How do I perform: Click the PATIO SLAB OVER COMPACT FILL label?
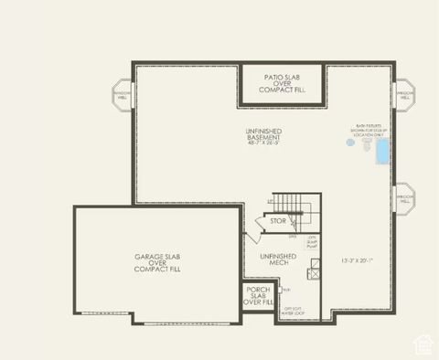click(x=282, y=83)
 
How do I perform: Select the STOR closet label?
click(x=278, y=221)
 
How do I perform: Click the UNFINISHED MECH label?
click(x=278, y=259)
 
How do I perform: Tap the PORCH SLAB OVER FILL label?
click(x=259, y=295)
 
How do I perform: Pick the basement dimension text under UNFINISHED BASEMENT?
click(x=262, y=143)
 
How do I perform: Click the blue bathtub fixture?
click(x=381, y=151)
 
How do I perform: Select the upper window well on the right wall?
click(x=403, y=95)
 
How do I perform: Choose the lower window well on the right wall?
click(x=403, y=196)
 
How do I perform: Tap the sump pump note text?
click(x=312, y=242)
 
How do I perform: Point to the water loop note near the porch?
click(x=294, y=312)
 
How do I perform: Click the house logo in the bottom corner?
click(x=423, y=344)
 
